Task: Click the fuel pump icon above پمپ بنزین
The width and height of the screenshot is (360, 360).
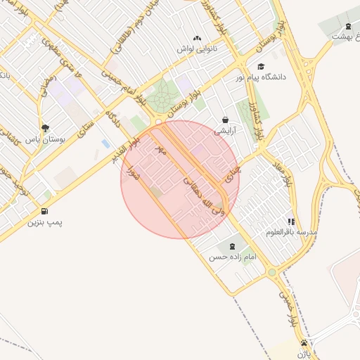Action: (46, 211)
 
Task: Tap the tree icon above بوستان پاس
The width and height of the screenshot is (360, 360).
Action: (46, 128)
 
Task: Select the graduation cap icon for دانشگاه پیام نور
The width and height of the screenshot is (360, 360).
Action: (261, 66)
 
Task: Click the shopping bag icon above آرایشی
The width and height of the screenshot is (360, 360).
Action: (225, 120)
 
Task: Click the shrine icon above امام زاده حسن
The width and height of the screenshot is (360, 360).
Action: (231, 246)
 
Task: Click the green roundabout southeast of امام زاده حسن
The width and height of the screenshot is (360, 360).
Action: (272, 272)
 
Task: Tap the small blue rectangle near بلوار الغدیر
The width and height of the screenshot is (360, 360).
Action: (105, 143)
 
